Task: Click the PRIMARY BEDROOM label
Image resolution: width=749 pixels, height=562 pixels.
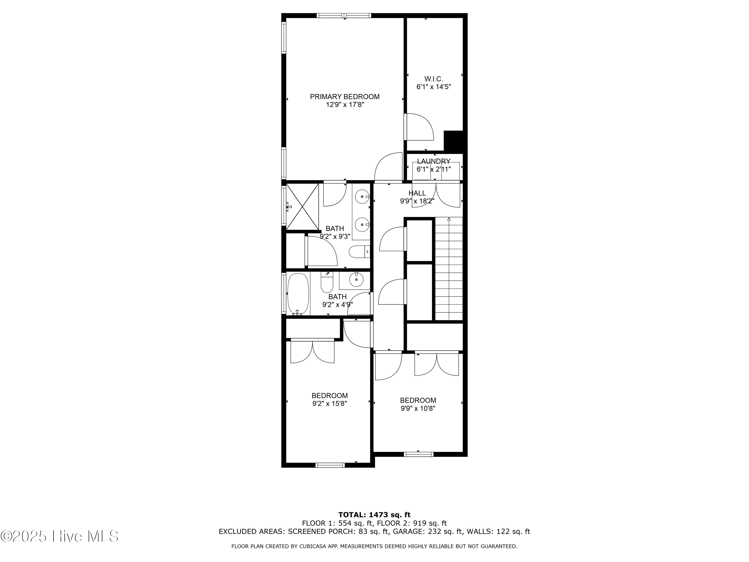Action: click(x=345, y=97)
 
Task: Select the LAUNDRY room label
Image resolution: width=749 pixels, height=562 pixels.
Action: click(x=433, y=162)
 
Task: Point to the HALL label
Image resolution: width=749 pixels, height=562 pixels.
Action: click(x=417, y=193)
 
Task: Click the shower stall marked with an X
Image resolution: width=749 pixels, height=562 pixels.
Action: click(x=302, y=207)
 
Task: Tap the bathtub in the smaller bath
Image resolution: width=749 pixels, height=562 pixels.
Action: click(x=298, y=294)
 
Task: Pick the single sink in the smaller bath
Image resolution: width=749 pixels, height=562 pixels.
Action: click(x=356, y=280)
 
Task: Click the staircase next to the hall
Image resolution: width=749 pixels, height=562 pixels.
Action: click(x=449, y=269)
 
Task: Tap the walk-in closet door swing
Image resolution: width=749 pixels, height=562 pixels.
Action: click(x=419, y=127)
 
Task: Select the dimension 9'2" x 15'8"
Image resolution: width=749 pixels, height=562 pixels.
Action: click(x=330, y=403)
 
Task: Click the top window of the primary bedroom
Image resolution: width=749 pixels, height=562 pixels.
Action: click(x=344, y=15)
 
